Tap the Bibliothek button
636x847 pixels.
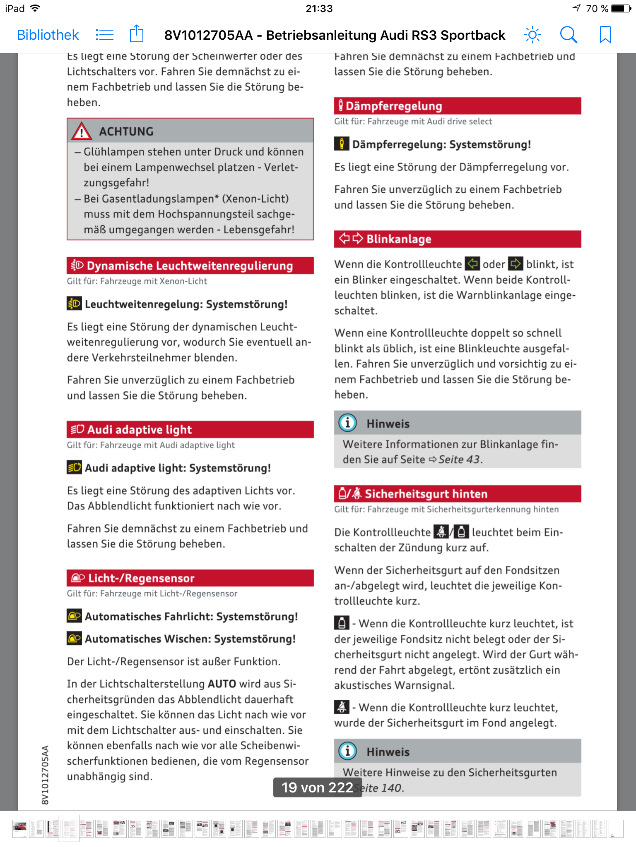pos(48,35)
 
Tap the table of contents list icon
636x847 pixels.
pos(104,35)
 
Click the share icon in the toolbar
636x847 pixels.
pos(137,34)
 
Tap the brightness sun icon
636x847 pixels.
pos(532,35)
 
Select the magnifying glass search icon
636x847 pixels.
pos(569,35)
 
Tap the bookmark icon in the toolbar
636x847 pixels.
pos(605,35)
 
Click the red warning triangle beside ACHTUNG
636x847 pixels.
pos(82,131)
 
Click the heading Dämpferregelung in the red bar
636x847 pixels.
pos(394,106)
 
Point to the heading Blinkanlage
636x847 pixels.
pos(399,239)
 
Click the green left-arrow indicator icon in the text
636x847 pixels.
pos(472,264)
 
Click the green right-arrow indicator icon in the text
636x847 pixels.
pos(516,264)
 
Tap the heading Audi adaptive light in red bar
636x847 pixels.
pos(140,430)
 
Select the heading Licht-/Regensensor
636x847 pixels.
pos(141,578)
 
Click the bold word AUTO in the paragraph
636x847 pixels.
pos(222,684)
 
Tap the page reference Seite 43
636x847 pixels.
pos(459,459)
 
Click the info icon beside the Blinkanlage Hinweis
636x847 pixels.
pos(348,423)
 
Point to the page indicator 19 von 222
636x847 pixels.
pos(318,787)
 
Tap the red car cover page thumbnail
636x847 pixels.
pos(20,828)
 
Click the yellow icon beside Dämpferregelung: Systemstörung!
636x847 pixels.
pos(342,144)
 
